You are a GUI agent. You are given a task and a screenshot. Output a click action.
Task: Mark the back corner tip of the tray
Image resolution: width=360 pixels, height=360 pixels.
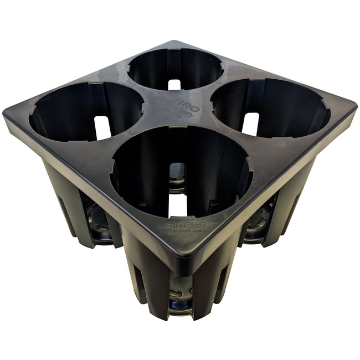coord(173,41)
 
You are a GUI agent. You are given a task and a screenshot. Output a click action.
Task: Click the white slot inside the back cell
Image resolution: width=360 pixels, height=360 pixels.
coord(174,84)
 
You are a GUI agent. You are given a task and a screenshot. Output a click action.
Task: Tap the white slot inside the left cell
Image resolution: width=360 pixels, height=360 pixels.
coord(102,127)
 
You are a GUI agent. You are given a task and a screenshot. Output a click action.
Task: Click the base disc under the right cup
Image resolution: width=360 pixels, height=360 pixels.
coord(260,222)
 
